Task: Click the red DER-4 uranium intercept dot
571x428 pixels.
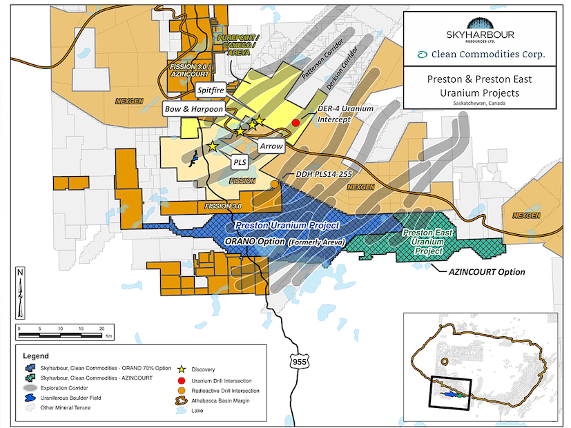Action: [x=296, y=122]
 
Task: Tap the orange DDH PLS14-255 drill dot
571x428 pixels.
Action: [x=275, y=184]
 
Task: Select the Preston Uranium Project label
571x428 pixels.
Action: [x=286, y=226]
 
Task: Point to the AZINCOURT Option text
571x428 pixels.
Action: [x=483, y=272]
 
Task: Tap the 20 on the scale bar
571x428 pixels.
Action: [x=102, y=328]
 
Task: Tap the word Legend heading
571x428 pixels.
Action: [x=37, y=356]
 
